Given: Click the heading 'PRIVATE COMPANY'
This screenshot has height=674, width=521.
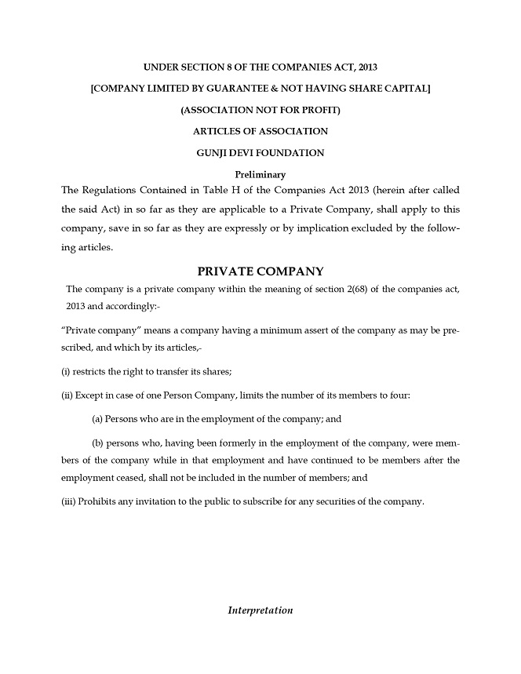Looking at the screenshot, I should coord(260,271).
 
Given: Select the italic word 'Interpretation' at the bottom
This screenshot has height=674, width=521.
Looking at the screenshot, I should coord(260,610).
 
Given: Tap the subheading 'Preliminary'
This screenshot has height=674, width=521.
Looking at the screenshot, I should coord(260,174).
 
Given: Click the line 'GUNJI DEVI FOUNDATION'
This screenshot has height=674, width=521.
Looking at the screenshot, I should coord(260,153).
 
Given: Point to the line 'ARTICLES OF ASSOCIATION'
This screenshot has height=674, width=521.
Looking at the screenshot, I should coord(260,131).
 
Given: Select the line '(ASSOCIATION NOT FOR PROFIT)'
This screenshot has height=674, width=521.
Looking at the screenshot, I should coord(260,110).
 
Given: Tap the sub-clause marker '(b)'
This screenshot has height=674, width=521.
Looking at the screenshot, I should coord(99,443).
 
